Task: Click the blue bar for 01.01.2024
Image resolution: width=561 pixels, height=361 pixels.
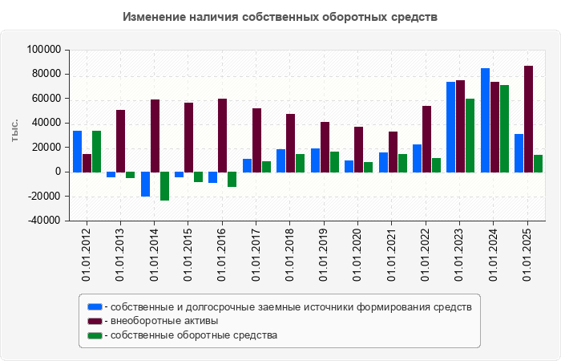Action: (486, 120)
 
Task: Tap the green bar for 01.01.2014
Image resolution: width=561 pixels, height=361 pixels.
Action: (164, 186)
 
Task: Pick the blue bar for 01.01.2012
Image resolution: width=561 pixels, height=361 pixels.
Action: (77, 152)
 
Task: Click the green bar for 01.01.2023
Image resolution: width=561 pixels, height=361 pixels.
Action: (470, 135)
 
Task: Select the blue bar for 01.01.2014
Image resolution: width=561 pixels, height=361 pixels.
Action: (145, 184)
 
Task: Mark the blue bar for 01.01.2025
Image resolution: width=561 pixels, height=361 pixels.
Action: (519, 152)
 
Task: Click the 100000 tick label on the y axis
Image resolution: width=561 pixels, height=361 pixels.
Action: (44, 50)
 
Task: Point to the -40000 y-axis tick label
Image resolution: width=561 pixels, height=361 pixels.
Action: (44, 221)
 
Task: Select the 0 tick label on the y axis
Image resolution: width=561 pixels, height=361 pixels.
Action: (58, 172)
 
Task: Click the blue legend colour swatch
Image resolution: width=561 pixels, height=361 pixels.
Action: (95, 306)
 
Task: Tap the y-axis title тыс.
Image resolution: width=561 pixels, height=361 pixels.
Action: (14, 133)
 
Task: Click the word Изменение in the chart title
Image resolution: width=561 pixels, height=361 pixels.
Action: (153, 17)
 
